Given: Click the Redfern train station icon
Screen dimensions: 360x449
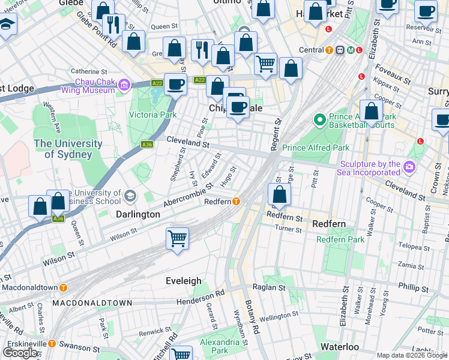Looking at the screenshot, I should click(x=237, y=202).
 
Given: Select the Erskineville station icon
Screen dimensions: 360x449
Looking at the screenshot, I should click(x=52, y=344).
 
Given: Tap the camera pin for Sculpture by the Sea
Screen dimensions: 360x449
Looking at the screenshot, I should click(x=410, y=166).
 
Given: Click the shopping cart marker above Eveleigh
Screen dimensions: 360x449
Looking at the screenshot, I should click(x=178, y=238).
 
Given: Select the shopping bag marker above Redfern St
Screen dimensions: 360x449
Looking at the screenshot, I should click(x=279, y=194).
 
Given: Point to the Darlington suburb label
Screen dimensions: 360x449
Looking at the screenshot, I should click(x=137, y=214).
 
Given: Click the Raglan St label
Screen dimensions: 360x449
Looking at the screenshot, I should click(x=269, y=288).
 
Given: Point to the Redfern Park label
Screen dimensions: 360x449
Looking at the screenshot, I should click(x=340, y=239).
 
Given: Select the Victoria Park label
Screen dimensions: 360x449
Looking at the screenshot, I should click(x=154, y=115).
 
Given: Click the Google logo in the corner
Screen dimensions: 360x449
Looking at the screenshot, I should click(x=20, y=352).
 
